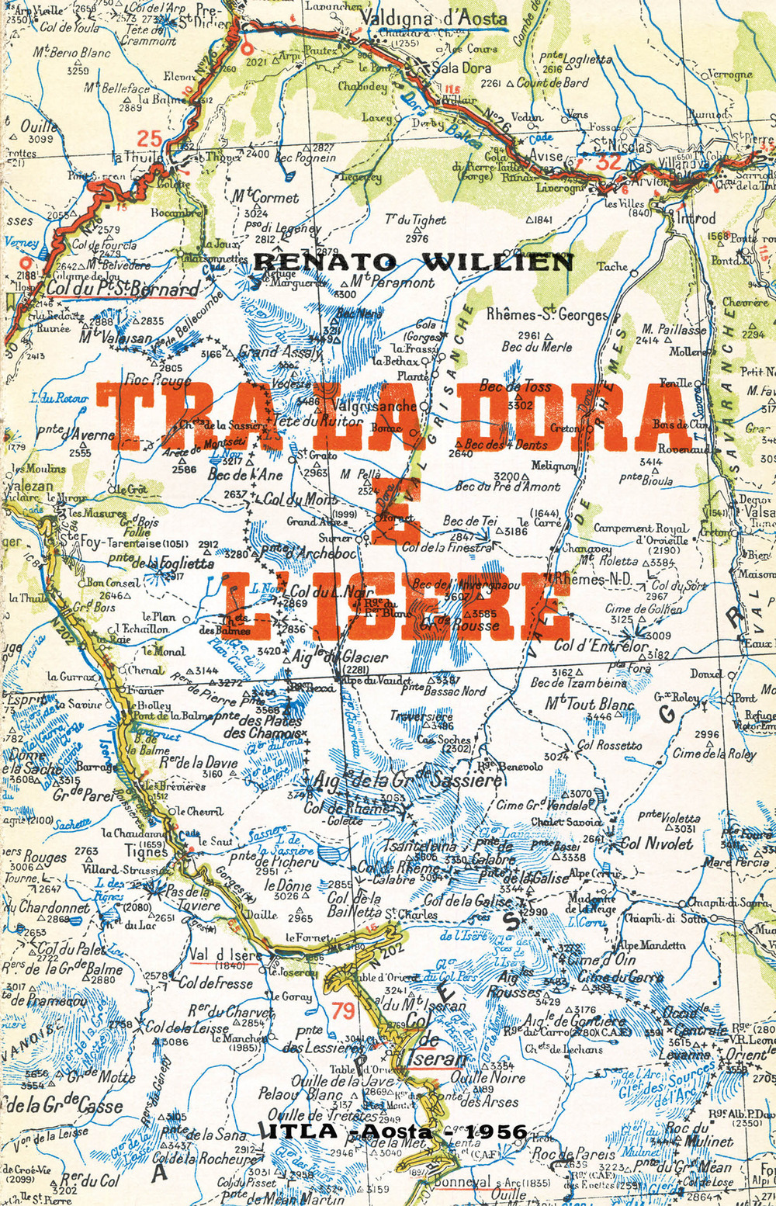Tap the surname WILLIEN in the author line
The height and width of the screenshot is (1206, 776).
497,262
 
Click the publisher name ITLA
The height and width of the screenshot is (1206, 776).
302,1131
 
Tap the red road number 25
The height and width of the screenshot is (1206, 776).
149,139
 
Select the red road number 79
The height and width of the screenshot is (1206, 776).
343,1010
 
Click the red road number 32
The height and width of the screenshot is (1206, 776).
609,162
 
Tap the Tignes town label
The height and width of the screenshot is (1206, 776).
147,851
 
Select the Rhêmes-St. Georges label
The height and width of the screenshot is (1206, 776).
547,315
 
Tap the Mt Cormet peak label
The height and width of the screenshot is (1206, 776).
265,197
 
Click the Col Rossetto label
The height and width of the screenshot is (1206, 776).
609,746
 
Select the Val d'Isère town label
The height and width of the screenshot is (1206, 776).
224,955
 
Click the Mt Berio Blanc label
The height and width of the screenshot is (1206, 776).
71,54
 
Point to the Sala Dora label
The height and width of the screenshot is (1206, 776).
461,68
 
